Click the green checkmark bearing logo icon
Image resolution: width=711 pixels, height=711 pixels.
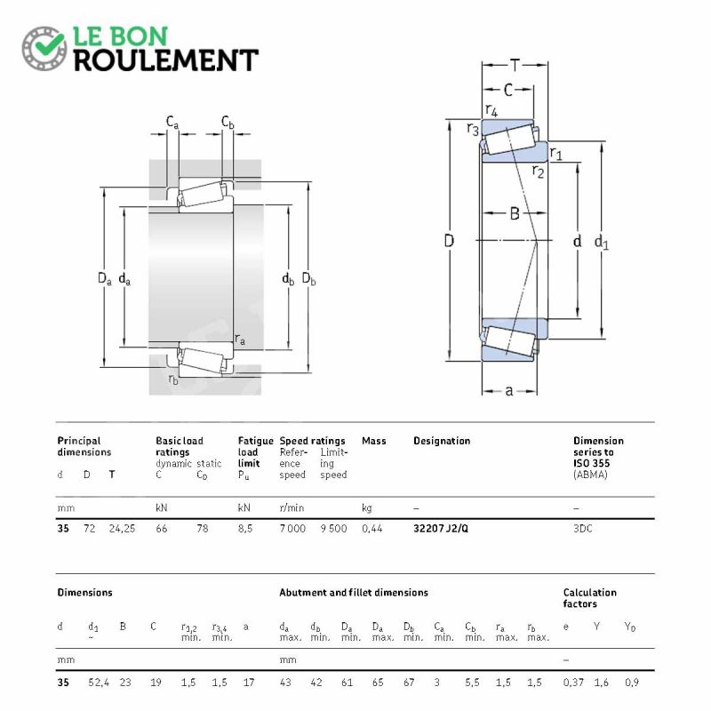coord(44,49)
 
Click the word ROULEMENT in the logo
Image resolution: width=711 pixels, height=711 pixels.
coord(166,60)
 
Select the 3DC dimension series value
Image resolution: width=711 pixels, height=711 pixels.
coord(584,528)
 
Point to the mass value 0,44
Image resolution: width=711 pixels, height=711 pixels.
coord(371,528)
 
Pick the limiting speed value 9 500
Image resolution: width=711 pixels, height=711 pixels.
coord(333,528)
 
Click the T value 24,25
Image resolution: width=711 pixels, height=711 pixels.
coord(122,528)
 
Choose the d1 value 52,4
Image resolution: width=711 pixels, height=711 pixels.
coord(98,682)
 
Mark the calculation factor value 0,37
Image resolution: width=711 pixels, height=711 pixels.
coord(573,682)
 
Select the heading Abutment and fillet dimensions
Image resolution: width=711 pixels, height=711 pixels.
coord(353,592)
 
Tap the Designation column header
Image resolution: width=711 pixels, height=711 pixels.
coord(442,441)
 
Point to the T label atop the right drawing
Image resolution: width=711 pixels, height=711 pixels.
coord(515,65)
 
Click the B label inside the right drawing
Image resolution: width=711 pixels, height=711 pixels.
coord(514,212)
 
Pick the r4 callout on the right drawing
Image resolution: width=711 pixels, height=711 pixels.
coord(491,109)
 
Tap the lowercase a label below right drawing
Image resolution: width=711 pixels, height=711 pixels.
coord(509,390)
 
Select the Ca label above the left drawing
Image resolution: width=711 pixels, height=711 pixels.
coord(172,121)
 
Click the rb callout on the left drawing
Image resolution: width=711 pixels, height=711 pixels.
coord(173,379)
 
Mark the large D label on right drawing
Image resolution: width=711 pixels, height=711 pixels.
coord(450,241)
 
